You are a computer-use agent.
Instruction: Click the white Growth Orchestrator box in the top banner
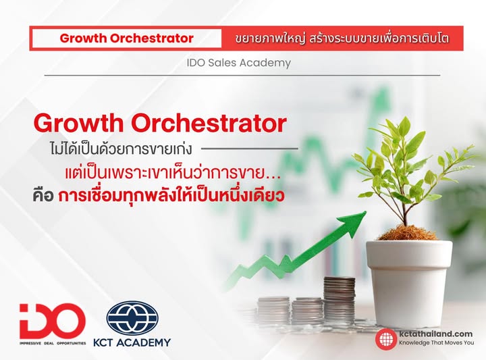(x=127, y=38)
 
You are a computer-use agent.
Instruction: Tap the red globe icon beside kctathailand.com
(x=385, y=338)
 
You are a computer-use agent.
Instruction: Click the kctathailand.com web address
(x=435, y=333)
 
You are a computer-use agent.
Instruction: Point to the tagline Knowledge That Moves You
(x=436, y=343)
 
